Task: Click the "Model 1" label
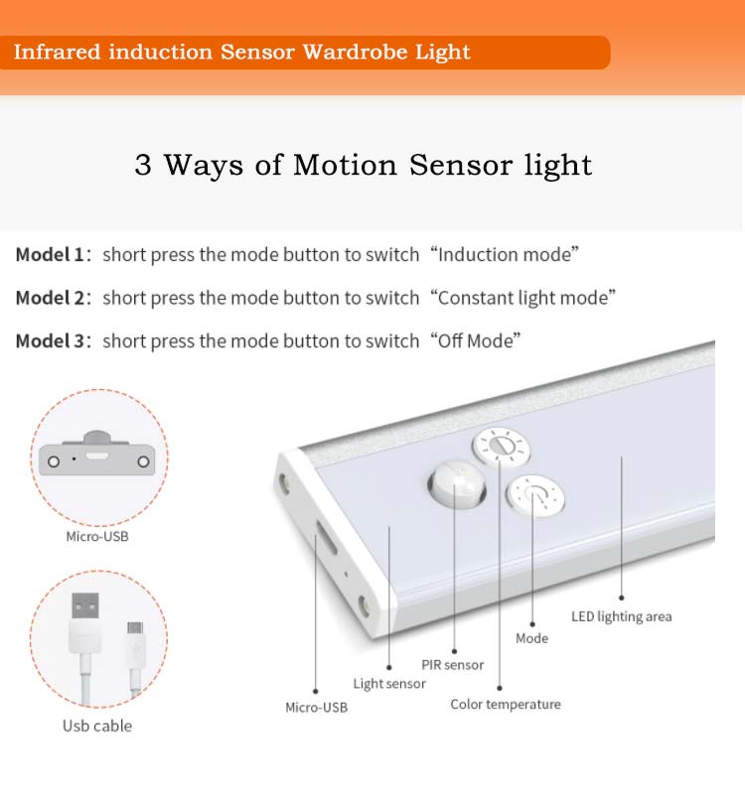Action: click(x=50, y=254)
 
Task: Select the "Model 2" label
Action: click(x=50, y=298)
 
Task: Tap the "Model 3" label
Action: click(x=50, y=340)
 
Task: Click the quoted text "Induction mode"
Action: click(x=505, y=254)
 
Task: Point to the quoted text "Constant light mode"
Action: click(x=522, y=298)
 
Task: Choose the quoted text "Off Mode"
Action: click(x=475, y=340)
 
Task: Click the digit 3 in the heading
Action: click(x=143, y=165)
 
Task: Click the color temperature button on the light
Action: click(x=501, y=447)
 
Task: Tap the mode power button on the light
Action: click(x=534, y=496)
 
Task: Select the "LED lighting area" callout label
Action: click(x=621, y=616)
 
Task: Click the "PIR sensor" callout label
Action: click(x=453, y=665)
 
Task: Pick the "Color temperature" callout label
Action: click(x=506, y=705)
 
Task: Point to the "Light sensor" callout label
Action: click(x=389, y=684)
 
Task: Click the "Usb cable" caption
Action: click(x=97, y=726)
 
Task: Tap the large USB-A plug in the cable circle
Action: click(x=85, y=620)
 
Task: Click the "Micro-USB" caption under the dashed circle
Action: click(x=97, y=536)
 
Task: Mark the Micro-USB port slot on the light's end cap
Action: click(x=325, y=537)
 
